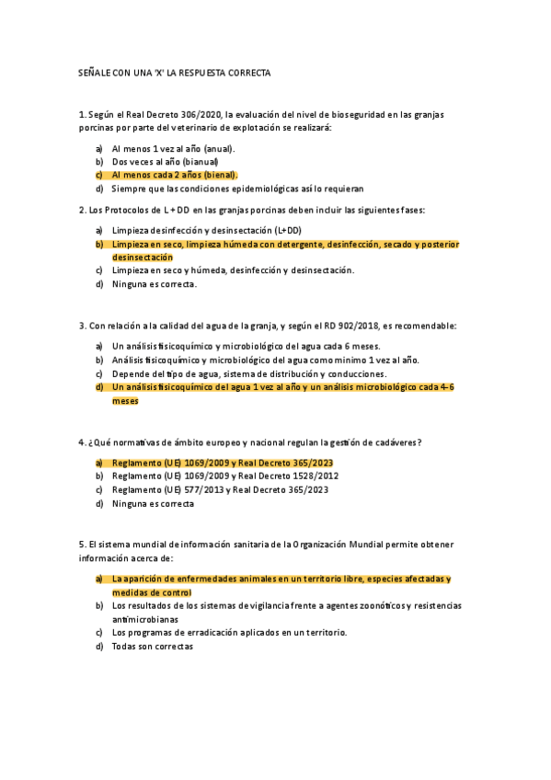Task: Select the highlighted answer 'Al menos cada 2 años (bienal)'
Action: [x=175, y=175]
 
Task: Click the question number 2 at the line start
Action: [x=82, y=210]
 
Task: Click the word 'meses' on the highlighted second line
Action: [x=125, y=401]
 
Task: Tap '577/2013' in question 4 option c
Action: [x=198, y=490]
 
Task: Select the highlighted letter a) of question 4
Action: [x=99, y=463]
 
